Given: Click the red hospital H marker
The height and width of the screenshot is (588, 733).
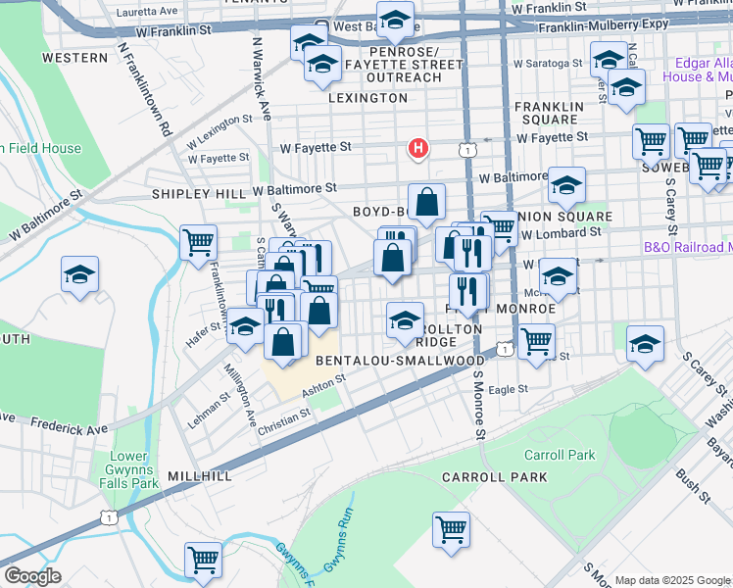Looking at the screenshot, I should (x=418, y=149).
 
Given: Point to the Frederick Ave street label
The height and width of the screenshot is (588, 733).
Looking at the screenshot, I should (x=70, y=426).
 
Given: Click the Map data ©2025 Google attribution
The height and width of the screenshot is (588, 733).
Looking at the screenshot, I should (x=672, y=580).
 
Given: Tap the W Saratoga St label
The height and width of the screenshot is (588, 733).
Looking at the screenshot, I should (x=542, y=63).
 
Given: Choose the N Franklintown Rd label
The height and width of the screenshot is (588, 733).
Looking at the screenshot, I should (x=145, y=87).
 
